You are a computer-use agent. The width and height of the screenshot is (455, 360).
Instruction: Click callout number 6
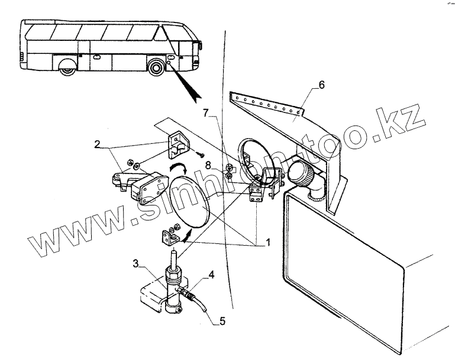[321, 85]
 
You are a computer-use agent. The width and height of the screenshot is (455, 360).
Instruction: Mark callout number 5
[222, 322]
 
